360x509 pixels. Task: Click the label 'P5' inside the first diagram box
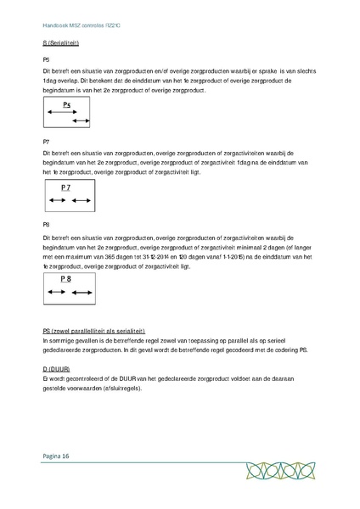point(67,104)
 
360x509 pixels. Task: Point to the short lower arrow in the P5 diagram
point(82,122)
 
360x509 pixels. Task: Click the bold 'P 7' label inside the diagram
point(66,187)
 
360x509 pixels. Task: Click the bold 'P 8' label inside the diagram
point(66,278)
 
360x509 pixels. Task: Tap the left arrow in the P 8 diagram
point(57,292)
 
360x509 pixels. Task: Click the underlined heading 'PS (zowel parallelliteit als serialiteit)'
point(94,330)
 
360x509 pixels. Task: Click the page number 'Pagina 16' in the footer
point(55,456)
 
